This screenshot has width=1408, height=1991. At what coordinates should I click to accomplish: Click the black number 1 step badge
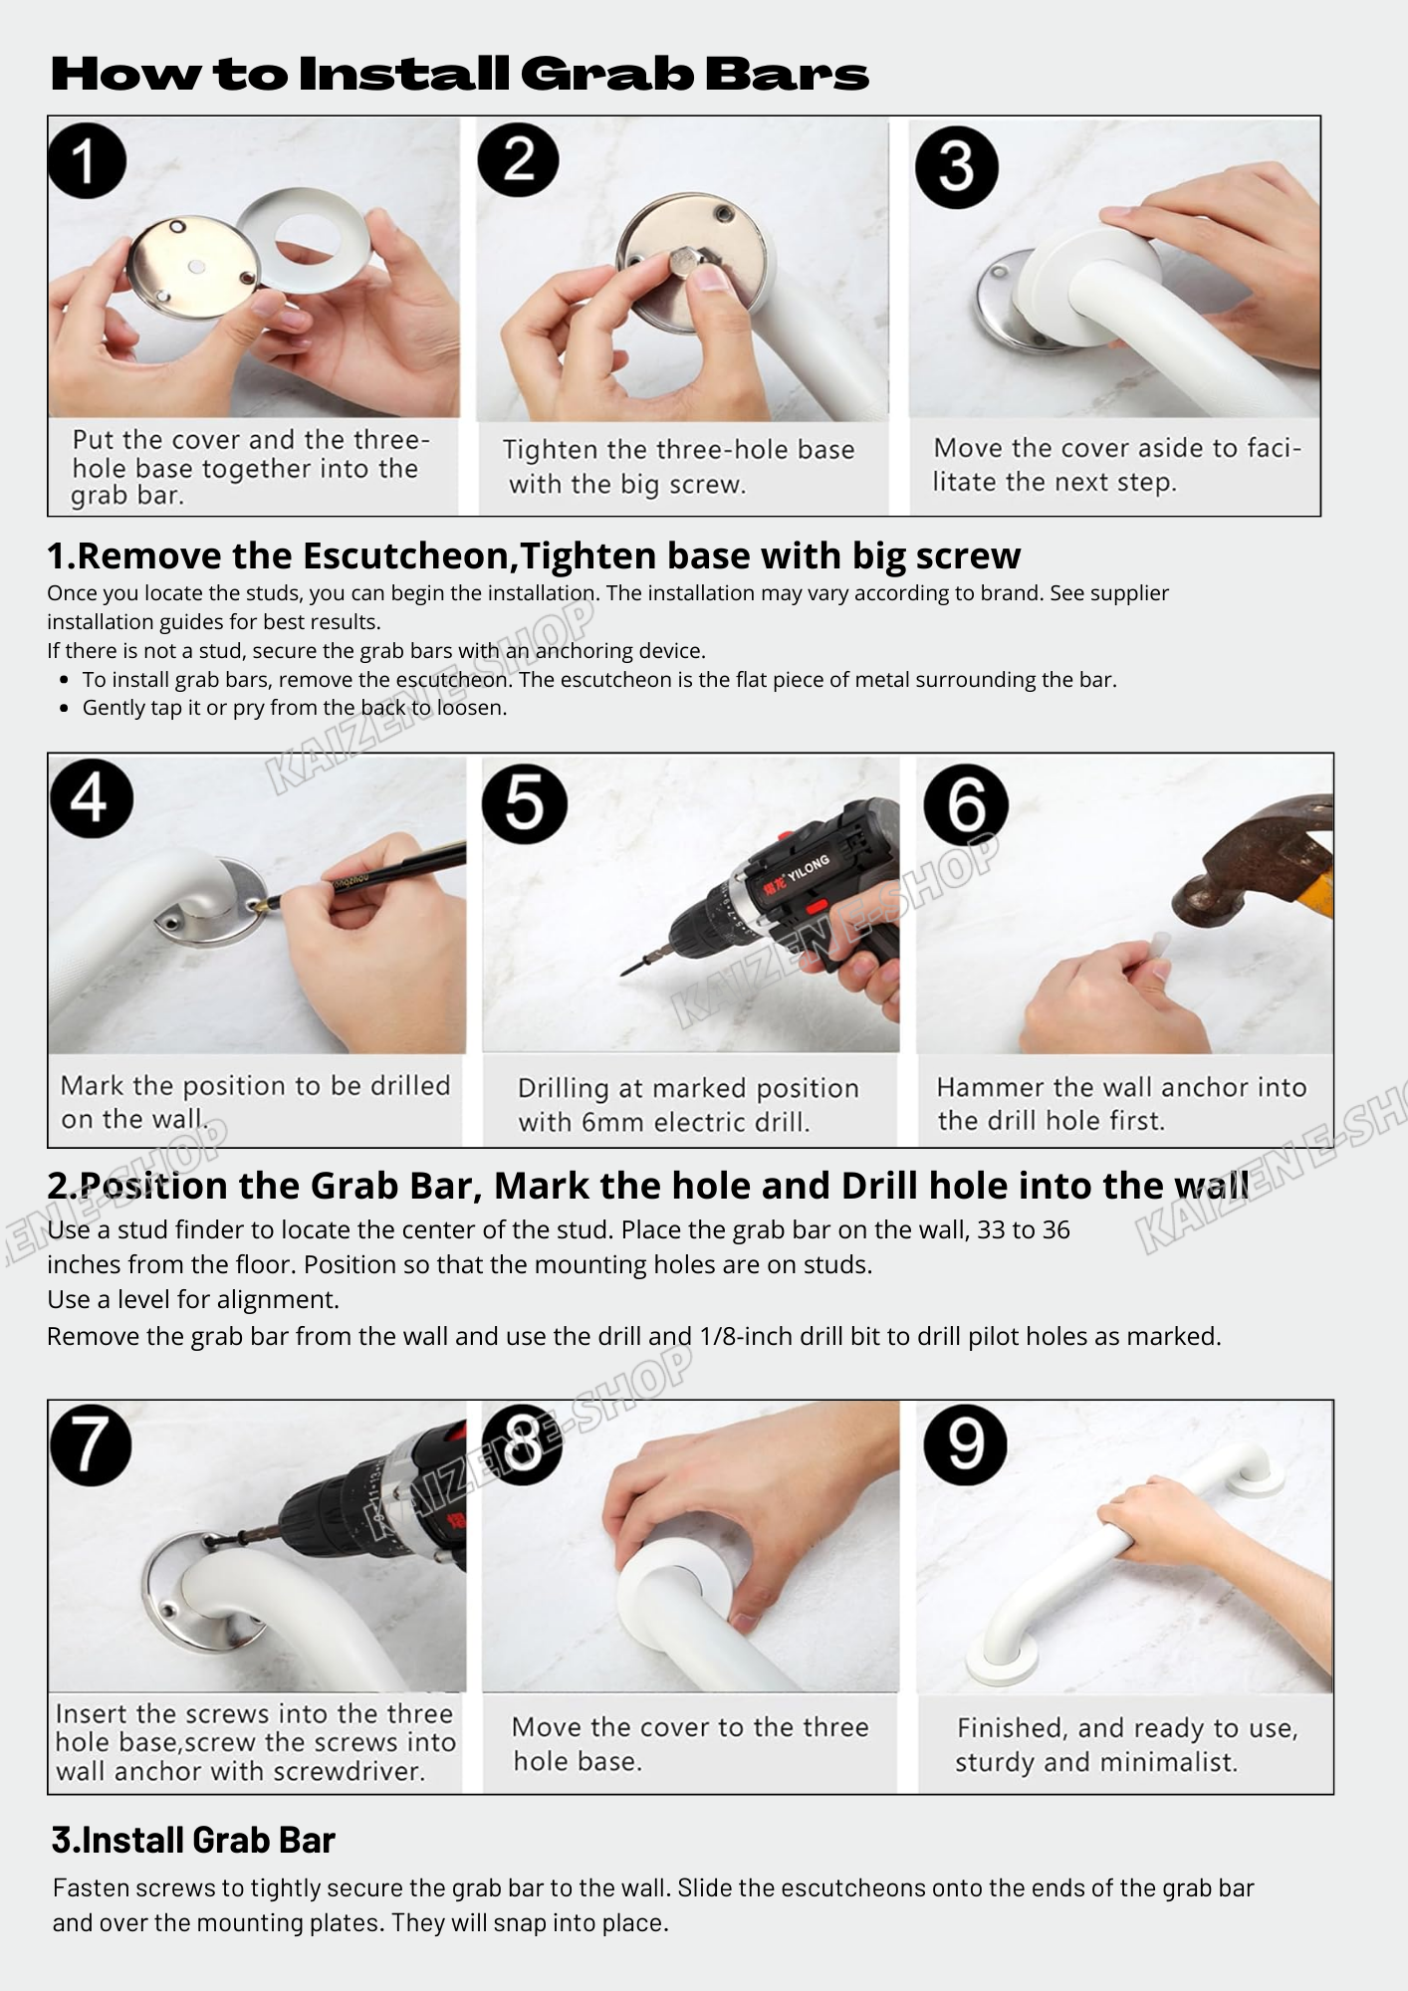coord(88,160)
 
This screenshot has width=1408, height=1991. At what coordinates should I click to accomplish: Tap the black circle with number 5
coord(525,804)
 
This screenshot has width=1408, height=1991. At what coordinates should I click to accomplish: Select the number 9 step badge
coord(965,1444)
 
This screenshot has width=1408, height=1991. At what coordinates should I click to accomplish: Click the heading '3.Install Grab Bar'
coord(193,1840)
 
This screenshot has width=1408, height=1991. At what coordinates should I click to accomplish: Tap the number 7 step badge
coord(91,1444)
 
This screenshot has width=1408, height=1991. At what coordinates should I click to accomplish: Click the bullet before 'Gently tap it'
coord(65,709)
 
